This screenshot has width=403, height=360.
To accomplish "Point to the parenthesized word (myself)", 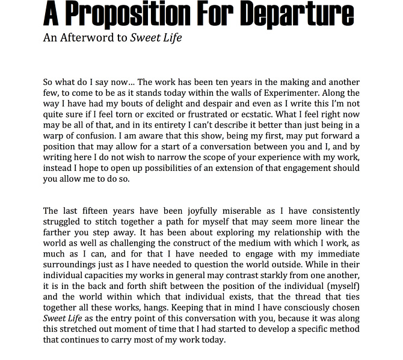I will pos(340,287).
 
